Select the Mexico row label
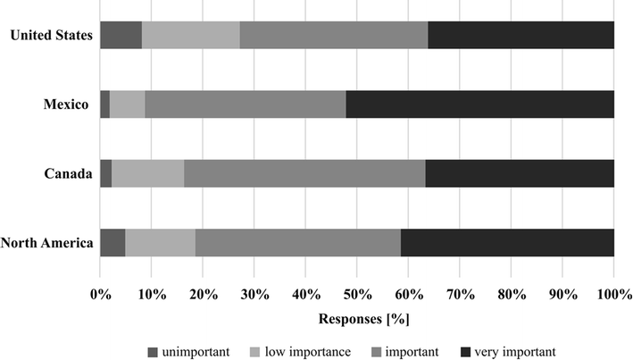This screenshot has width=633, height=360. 68,105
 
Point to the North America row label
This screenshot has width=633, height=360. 48,243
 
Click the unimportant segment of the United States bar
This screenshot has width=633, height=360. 121,35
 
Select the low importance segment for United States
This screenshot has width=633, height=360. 190,35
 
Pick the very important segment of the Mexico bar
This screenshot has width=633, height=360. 479,105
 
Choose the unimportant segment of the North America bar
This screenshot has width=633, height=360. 112,243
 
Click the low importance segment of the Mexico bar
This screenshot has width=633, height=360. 128,105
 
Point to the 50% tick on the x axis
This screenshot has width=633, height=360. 357,292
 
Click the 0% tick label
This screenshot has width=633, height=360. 100,292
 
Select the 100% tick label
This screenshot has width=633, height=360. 613,292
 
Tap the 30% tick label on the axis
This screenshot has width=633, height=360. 254,292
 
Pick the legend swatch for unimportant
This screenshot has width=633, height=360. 151,351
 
